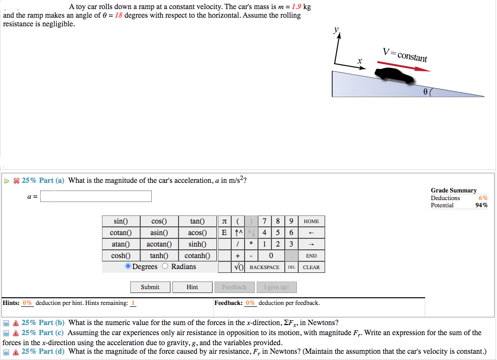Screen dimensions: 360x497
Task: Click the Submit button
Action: (x=150, y=287)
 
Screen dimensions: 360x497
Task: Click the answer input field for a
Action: (x=96, y=196)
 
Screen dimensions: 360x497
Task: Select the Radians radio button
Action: (x=165, y=267)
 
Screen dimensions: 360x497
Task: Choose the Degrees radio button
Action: (x=128, y=267)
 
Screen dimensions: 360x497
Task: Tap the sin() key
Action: (x=121, y=221)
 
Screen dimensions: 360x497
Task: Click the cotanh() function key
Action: (x=197, y=256)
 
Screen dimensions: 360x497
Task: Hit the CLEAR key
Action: (x=311, y=267)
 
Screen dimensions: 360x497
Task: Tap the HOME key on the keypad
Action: (x=311, y=221)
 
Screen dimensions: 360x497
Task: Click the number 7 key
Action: (x=264, y=221)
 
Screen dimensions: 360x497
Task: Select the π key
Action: (x=224, y=221)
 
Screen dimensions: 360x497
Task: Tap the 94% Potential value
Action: (x=482, y=205)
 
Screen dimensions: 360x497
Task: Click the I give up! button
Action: (x=276, y=287)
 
